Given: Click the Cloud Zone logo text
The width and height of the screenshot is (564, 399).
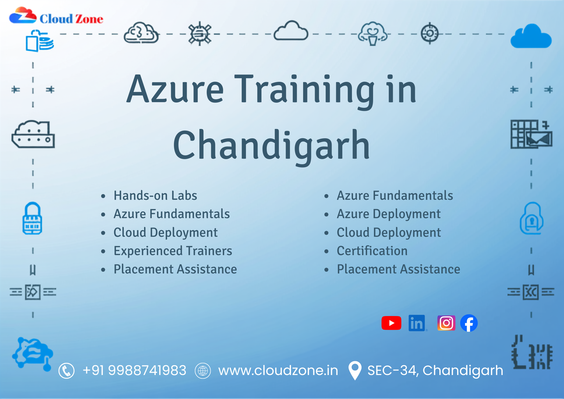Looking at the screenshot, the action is [71, 19].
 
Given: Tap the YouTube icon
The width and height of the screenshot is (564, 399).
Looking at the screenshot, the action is [391, 323].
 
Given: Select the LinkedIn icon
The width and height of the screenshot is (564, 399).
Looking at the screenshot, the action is [417, 323].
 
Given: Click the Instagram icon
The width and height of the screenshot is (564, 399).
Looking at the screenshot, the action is [446, 323].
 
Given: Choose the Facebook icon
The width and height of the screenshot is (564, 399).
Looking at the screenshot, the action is [469, 323].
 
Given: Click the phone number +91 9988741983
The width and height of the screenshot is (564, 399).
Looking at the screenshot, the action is [135, 370].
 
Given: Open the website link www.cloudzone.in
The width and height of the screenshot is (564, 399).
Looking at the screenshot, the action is [278, 370].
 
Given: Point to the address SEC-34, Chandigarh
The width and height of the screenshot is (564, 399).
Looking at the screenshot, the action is [435, 370].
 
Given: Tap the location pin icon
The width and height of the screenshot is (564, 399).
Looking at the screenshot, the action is [355, 370].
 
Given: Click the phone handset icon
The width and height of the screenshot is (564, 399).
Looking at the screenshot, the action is [67, 370].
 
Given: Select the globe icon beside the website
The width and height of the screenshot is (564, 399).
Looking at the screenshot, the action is [203, 370].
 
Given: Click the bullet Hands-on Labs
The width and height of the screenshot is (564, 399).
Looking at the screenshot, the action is [155, 195].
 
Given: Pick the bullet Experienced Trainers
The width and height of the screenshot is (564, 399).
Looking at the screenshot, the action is [173, 251].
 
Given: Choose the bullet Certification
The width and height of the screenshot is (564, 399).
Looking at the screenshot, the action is [372, 251].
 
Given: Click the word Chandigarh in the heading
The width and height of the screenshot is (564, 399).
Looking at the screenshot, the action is [271, 145].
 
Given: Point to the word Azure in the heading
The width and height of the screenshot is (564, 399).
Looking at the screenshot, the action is [175, 89].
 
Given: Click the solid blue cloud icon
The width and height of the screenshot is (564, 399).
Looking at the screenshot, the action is [531, 36].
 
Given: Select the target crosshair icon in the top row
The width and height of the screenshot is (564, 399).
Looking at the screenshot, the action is [430, 33].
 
